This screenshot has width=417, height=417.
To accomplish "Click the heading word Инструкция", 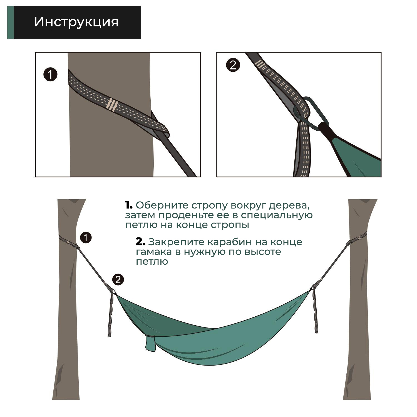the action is (76, 22).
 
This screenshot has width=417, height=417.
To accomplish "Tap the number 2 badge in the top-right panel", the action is (233, 65).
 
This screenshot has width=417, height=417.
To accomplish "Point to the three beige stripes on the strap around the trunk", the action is (112, 105).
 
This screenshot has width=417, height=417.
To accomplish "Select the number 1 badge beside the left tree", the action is (86, 238).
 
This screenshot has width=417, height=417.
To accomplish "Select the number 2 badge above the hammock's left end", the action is (118, 279).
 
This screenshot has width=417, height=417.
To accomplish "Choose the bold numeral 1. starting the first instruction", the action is (129, 205).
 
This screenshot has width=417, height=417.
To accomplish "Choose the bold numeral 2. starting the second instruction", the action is (140, 242).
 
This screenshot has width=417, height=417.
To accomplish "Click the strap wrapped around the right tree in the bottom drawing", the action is (357, 240).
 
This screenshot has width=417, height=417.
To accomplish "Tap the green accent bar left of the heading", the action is (10, 23).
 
